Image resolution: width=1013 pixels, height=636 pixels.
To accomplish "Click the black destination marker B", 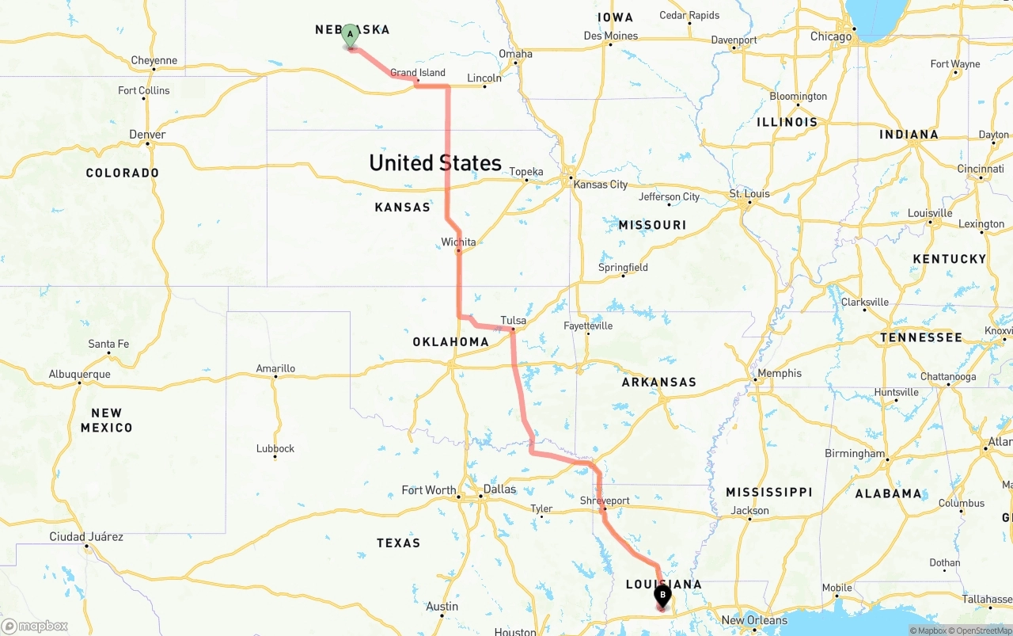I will [x=662, y=596].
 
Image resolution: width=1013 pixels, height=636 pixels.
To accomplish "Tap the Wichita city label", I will [x=459, y=242].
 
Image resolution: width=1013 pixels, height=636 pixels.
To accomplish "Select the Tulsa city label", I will [x=513, y=321].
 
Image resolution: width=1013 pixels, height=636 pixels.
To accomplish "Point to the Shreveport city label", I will [x=605, y=501].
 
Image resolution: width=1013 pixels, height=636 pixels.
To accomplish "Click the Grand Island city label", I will [x=418, y=73].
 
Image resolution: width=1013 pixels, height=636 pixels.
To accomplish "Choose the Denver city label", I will [x=147, y=135].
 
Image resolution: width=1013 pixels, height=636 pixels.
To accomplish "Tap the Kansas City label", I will [x=601, y=185].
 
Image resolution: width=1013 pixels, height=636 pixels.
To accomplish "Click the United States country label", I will [x=435, y=163].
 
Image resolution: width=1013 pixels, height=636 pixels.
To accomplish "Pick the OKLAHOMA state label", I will [x=450, y=342].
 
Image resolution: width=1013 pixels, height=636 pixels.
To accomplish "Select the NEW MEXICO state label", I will [x=106, y=420].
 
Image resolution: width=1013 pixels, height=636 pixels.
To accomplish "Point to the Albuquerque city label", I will [x=79, y=374].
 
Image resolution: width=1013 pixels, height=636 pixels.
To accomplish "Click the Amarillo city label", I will [x=275, y=368].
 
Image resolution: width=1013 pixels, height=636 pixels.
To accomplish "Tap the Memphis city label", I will [x=780, y=373].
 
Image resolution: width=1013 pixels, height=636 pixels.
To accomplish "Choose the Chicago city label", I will [x=831, y=36].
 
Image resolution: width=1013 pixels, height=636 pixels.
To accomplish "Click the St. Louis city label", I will [x=749, y=193].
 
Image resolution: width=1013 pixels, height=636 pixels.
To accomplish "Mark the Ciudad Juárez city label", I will [x=86, y=536].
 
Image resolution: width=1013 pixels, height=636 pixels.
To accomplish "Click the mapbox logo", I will [x=35, y=626].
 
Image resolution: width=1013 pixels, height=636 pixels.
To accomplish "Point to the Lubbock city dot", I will [x=275, y=457].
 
